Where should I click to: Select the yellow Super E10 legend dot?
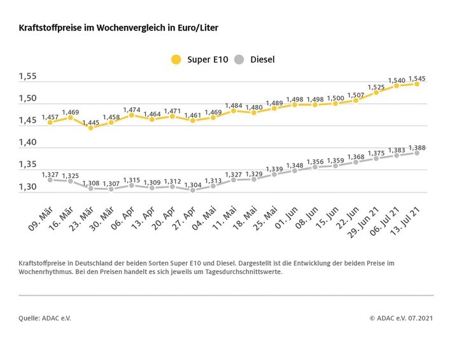pos(176,60)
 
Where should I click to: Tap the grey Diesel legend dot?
pos(239,60)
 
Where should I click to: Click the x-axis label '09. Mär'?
pos(40,217)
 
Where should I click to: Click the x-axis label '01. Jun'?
pos(285,217)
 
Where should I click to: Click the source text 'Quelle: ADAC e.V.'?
pos(45,317)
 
